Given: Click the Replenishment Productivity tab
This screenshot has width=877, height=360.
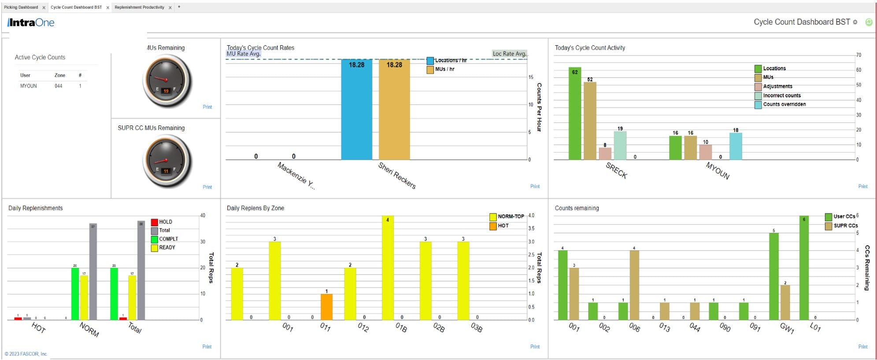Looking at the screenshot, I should point(139,7).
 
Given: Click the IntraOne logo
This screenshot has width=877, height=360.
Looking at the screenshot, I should point(31,22).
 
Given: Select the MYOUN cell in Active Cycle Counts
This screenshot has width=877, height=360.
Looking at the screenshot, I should point(28,86).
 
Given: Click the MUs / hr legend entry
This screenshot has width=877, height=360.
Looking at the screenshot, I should point(444,70).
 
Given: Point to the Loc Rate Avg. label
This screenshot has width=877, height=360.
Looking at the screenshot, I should point(509,54).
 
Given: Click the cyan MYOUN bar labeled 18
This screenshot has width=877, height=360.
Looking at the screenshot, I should point(735,146).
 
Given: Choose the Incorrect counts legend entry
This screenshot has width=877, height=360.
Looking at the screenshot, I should point(781,96).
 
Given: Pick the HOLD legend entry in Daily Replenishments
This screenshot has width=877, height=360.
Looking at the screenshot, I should point(165,222).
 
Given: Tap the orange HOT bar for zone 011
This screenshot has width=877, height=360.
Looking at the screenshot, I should point(326,307).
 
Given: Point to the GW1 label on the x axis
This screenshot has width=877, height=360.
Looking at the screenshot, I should point(787,328).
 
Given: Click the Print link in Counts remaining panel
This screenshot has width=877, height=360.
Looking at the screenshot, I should point(862,347).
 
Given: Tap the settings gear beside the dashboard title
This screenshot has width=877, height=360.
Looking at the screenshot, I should point(855,22).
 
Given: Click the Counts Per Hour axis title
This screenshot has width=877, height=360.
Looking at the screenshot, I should point(539,107).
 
